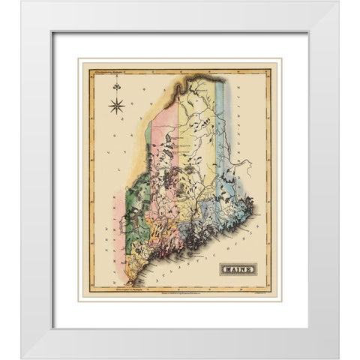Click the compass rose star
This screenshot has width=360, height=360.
[x=117, y=106]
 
